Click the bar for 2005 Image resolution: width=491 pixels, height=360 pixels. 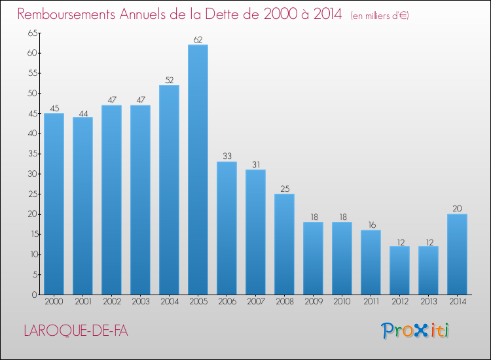[198, 170]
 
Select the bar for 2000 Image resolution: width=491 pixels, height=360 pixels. [54, 204]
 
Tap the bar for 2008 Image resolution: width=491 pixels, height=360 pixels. [284, 244]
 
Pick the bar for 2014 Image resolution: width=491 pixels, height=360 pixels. [457, 254]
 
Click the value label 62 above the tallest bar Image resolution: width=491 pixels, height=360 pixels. [198, 39]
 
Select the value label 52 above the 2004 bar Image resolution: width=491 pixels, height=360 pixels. [169, 80]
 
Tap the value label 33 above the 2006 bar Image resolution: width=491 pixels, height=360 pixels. [227, 156]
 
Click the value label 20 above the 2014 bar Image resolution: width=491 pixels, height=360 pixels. [457, 209]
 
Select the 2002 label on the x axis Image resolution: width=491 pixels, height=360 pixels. [111, 302]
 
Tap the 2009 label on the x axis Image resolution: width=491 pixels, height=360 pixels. [313, 302]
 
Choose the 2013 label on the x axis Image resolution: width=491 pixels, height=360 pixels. [428, 302]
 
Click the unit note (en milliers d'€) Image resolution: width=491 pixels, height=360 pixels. [380, 16]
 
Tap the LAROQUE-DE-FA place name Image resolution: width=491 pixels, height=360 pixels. [76, 331]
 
